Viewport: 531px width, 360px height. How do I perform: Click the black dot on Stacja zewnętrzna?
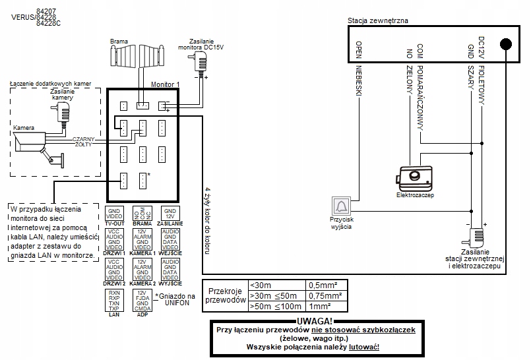coord(505,44)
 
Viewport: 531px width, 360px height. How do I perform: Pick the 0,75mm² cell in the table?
coord(327,296)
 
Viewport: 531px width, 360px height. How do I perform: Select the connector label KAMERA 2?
coord(142,283)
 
